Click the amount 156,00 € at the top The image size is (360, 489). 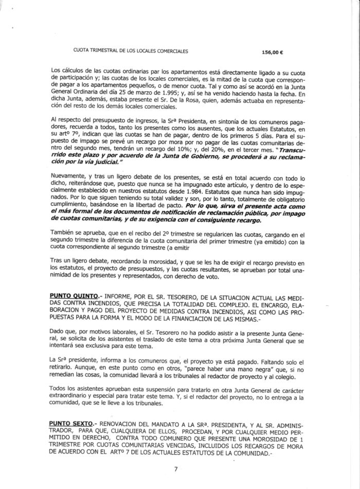click(x=273, y=52)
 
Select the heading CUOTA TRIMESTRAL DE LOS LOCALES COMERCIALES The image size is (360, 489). click(x=131, y=51)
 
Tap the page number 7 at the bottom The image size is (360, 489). click(x=176, y=469)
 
